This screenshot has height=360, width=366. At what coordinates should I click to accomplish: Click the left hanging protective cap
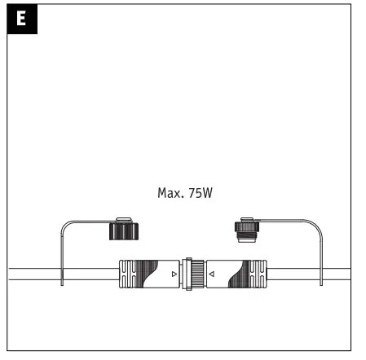click(123, 230)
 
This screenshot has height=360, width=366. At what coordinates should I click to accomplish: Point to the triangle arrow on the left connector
click(173, 275)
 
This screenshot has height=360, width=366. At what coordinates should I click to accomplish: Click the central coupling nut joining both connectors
click(193, 275)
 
